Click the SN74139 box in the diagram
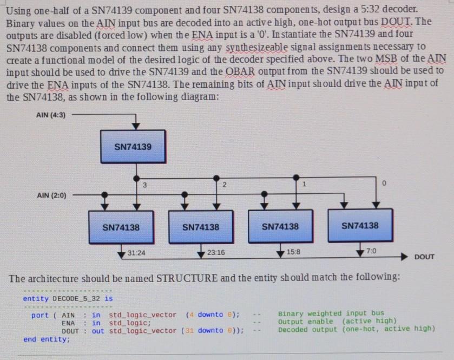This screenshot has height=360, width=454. (133, 146)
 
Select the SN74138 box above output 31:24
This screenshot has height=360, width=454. (121, 227)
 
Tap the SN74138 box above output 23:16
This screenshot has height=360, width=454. (200, 227)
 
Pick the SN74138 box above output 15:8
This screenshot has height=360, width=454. (280, 227)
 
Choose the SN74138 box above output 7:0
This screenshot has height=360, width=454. (360, 225)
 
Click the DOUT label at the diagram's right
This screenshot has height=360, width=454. (424, 257)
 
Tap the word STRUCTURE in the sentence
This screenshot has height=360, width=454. (186, 279)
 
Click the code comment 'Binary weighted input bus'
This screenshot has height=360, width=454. (331, 313)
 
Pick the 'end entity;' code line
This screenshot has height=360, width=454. (47, 339)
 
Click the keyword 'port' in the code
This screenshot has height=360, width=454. (40, 315)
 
